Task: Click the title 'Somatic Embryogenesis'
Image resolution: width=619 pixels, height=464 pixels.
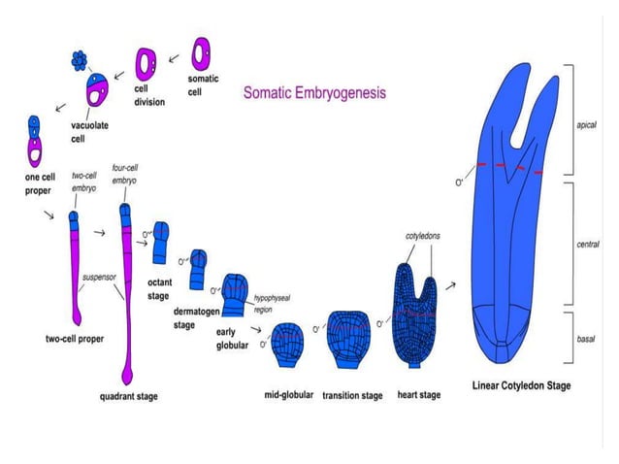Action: pyautogui.click(x=313, y=94)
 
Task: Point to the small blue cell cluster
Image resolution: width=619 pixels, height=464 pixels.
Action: pyautogui.click(x=80, y=61)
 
